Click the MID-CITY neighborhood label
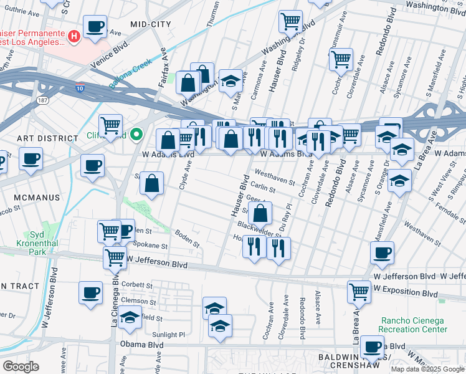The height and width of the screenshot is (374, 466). click(150, 24)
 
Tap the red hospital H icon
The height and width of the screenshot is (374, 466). click(74, 37)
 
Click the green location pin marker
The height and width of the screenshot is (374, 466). click(138, 134)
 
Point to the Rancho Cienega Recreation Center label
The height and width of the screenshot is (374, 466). click(414, 325)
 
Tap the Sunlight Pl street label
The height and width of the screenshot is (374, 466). click(164, 334)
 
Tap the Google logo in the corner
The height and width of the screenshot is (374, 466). click(21, 367)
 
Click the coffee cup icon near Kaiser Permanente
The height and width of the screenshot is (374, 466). click(95, 27)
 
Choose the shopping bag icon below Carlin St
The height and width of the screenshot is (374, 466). click(260, 213)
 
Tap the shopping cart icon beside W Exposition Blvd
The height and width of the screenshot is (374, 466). click(359, 292)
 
